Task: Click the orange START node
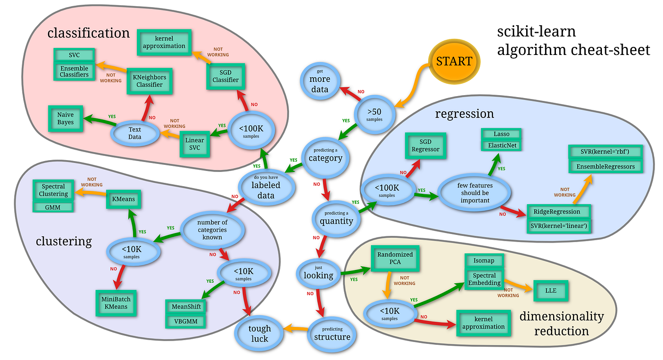tap(454, 61)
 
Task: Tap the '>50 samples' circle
tap(374, 113)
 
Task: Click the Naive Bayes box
tap(66, 118)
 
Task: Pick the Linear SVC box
tap(195, 144)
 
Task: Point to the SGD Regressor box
tap(426, 145)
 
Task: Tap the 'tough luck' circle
tap(260, 333)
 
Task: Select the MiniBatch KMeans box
tap(116, 303)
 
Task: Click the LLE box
tap(551, 290)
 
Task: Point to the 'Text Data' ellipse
tap(135, 133)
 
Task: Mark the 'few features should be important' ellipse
tap(475, 192)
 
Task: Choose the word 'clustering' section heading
tap(63, 241)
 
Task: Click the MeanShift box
tap(187, 306)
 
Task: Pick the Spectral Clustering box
tap(54, 190)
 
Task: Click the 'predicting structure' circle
tap(332, 333)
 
